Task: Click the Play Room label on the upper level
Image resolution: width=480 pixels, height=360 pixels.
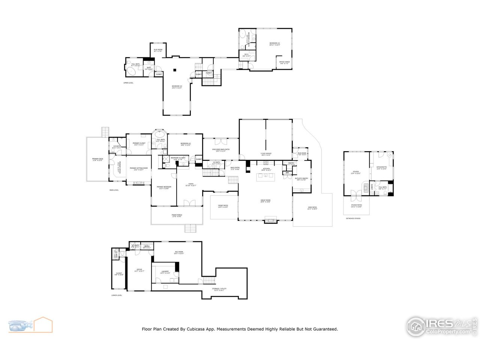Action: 158,50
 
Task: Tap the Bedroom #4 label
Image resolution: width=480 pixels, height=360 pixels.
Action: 177,87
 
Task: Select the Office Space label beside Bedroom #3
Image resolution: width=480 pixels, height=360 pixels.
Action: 285,63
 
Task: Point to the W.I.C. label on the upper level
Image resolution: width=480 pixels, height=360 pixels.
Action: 246,55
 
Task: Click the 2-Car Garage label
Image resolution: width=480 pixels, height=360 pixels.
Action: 266,154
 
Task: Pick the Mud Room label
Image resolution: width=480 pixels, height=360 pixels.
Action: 302,154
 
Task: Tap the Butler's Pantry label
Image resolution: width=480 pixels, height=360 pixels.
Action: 302,179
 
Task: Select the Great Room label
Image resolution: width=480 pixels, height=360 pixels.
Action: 265,201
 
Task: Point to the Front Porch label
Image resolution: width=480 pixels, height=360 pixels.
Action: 177,216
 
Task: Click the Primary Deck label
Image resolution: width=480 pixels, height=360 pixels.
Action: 97,160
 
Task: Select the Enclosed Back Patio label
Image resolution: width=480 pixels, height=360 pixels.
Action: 221,150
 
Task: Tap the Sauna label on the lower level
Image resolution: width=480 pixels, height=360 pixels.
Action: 147,247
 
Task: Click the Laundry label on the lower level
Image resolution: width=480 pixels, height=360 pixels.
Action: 165,272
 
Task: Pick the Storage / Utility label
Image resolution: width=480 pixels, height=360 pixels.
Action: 220,289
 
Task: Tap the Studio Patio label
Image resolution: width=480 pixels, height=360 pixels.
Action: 356,205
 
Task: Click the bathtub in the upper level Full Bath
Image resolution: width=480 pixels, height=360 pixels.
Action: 131,71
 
